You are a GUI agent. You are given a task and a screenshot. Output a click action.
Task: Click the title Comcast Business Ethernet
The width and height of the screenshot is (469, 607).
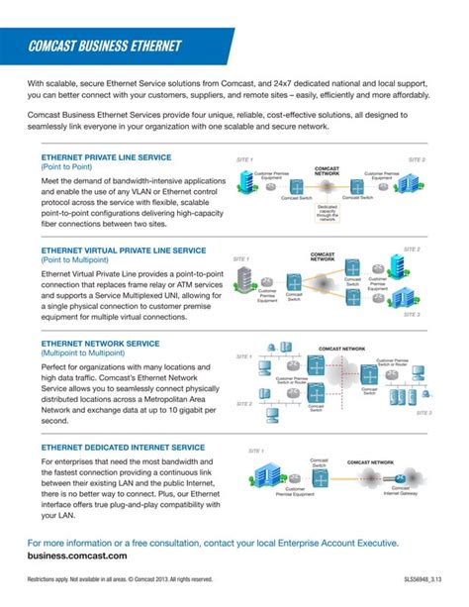point(106,46)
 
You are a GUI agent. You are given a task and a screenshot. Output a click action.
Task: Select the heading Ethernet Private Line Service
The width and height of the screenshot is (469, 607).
point(106,157)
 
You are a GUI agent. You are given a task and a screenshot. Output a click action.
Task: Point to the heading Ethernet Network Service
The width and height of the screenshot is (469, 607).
point(100,343)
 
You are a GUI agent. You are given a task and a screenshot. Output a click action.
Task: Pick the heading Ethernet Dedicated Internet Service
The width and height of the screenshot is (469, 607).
point(123,447)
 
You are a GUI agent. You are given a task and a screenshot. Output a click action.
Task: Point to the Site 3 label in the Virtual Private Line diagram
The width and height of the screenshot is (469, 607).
point(412,314)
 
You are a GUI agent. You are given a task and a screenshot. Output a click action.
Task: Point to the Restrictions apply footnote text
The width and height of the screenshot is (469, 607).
point(120,579)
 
